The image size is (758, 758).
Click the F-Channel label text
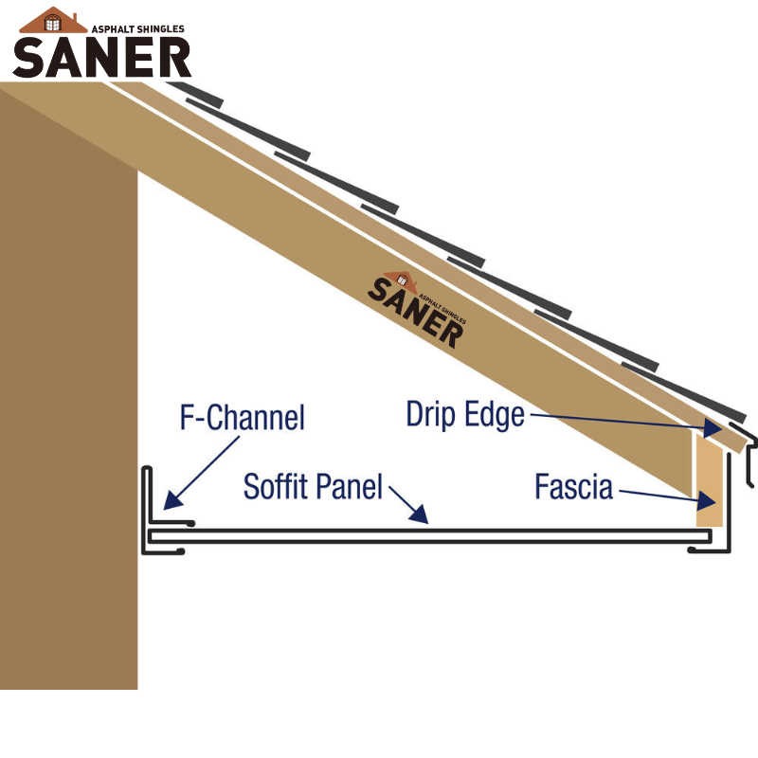pos(243,417)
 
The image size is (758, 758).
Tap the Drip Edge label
pos(464,414)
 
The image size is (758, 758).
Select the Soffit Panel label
pos(313,486)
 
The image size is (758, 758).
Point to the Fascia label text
pos(573,487)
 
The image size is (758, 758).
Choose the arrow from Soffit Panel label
pos(408,502)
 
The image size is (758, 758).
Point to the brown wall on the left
pos(66,426)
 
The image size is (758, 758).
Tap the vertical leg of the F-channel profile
pos(148,497)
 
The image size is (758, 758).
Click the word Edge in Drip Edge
pos(495,414)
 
